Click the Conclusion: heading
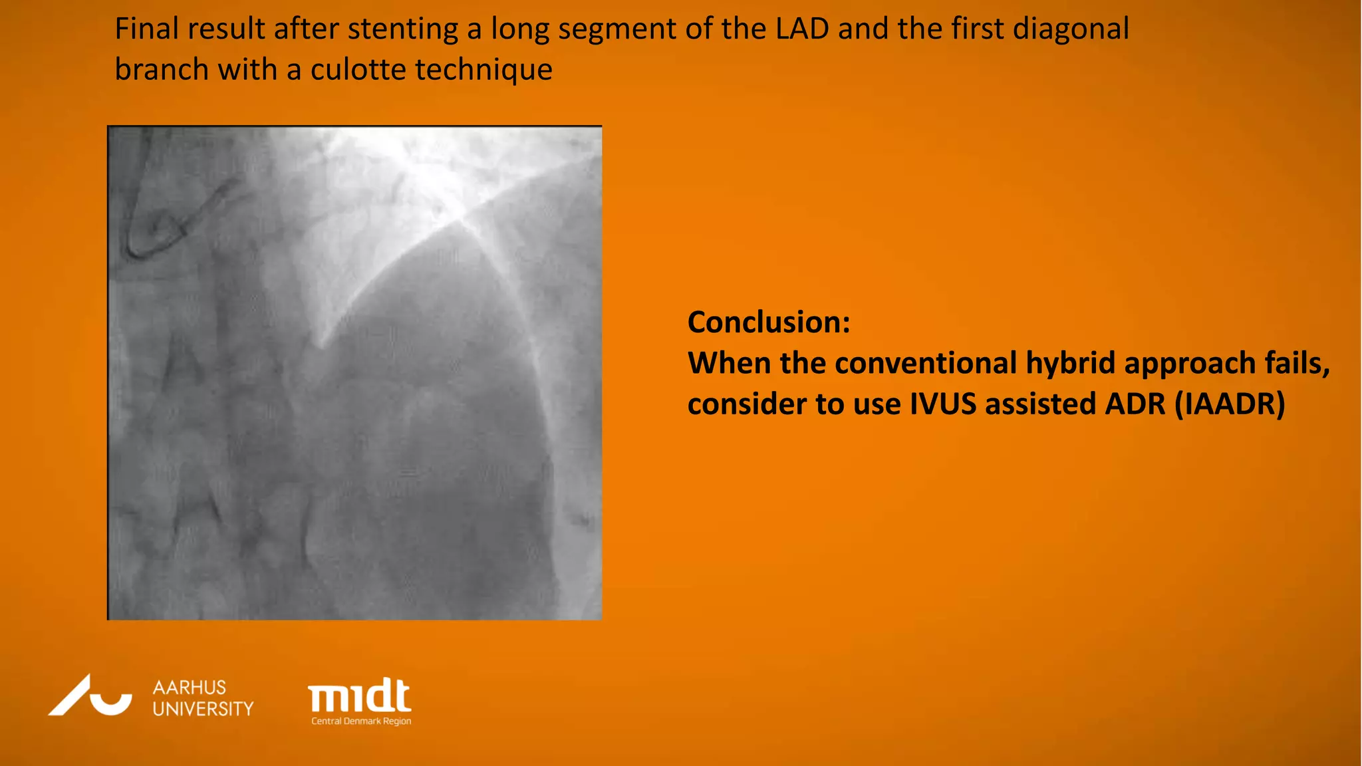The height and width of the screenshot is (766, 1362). pyautogui.click(x=769, y=322)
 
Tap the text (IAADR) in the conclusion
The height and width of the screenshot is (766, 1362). pyautogui.click(x=1230, y=404)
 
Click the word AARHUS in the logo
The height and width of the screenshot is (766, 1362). pyautogui.click(x=190, y=688)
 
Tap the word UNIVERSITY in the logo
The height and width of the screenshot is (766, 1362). pyautogui.click(x=203, y=709)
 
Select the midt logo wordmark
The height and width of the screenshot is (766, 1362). pyautogui.click(x=359, y=696)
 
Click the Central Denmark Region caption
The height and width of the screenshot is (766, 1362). pyautogui.click(x=361, y=721)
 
